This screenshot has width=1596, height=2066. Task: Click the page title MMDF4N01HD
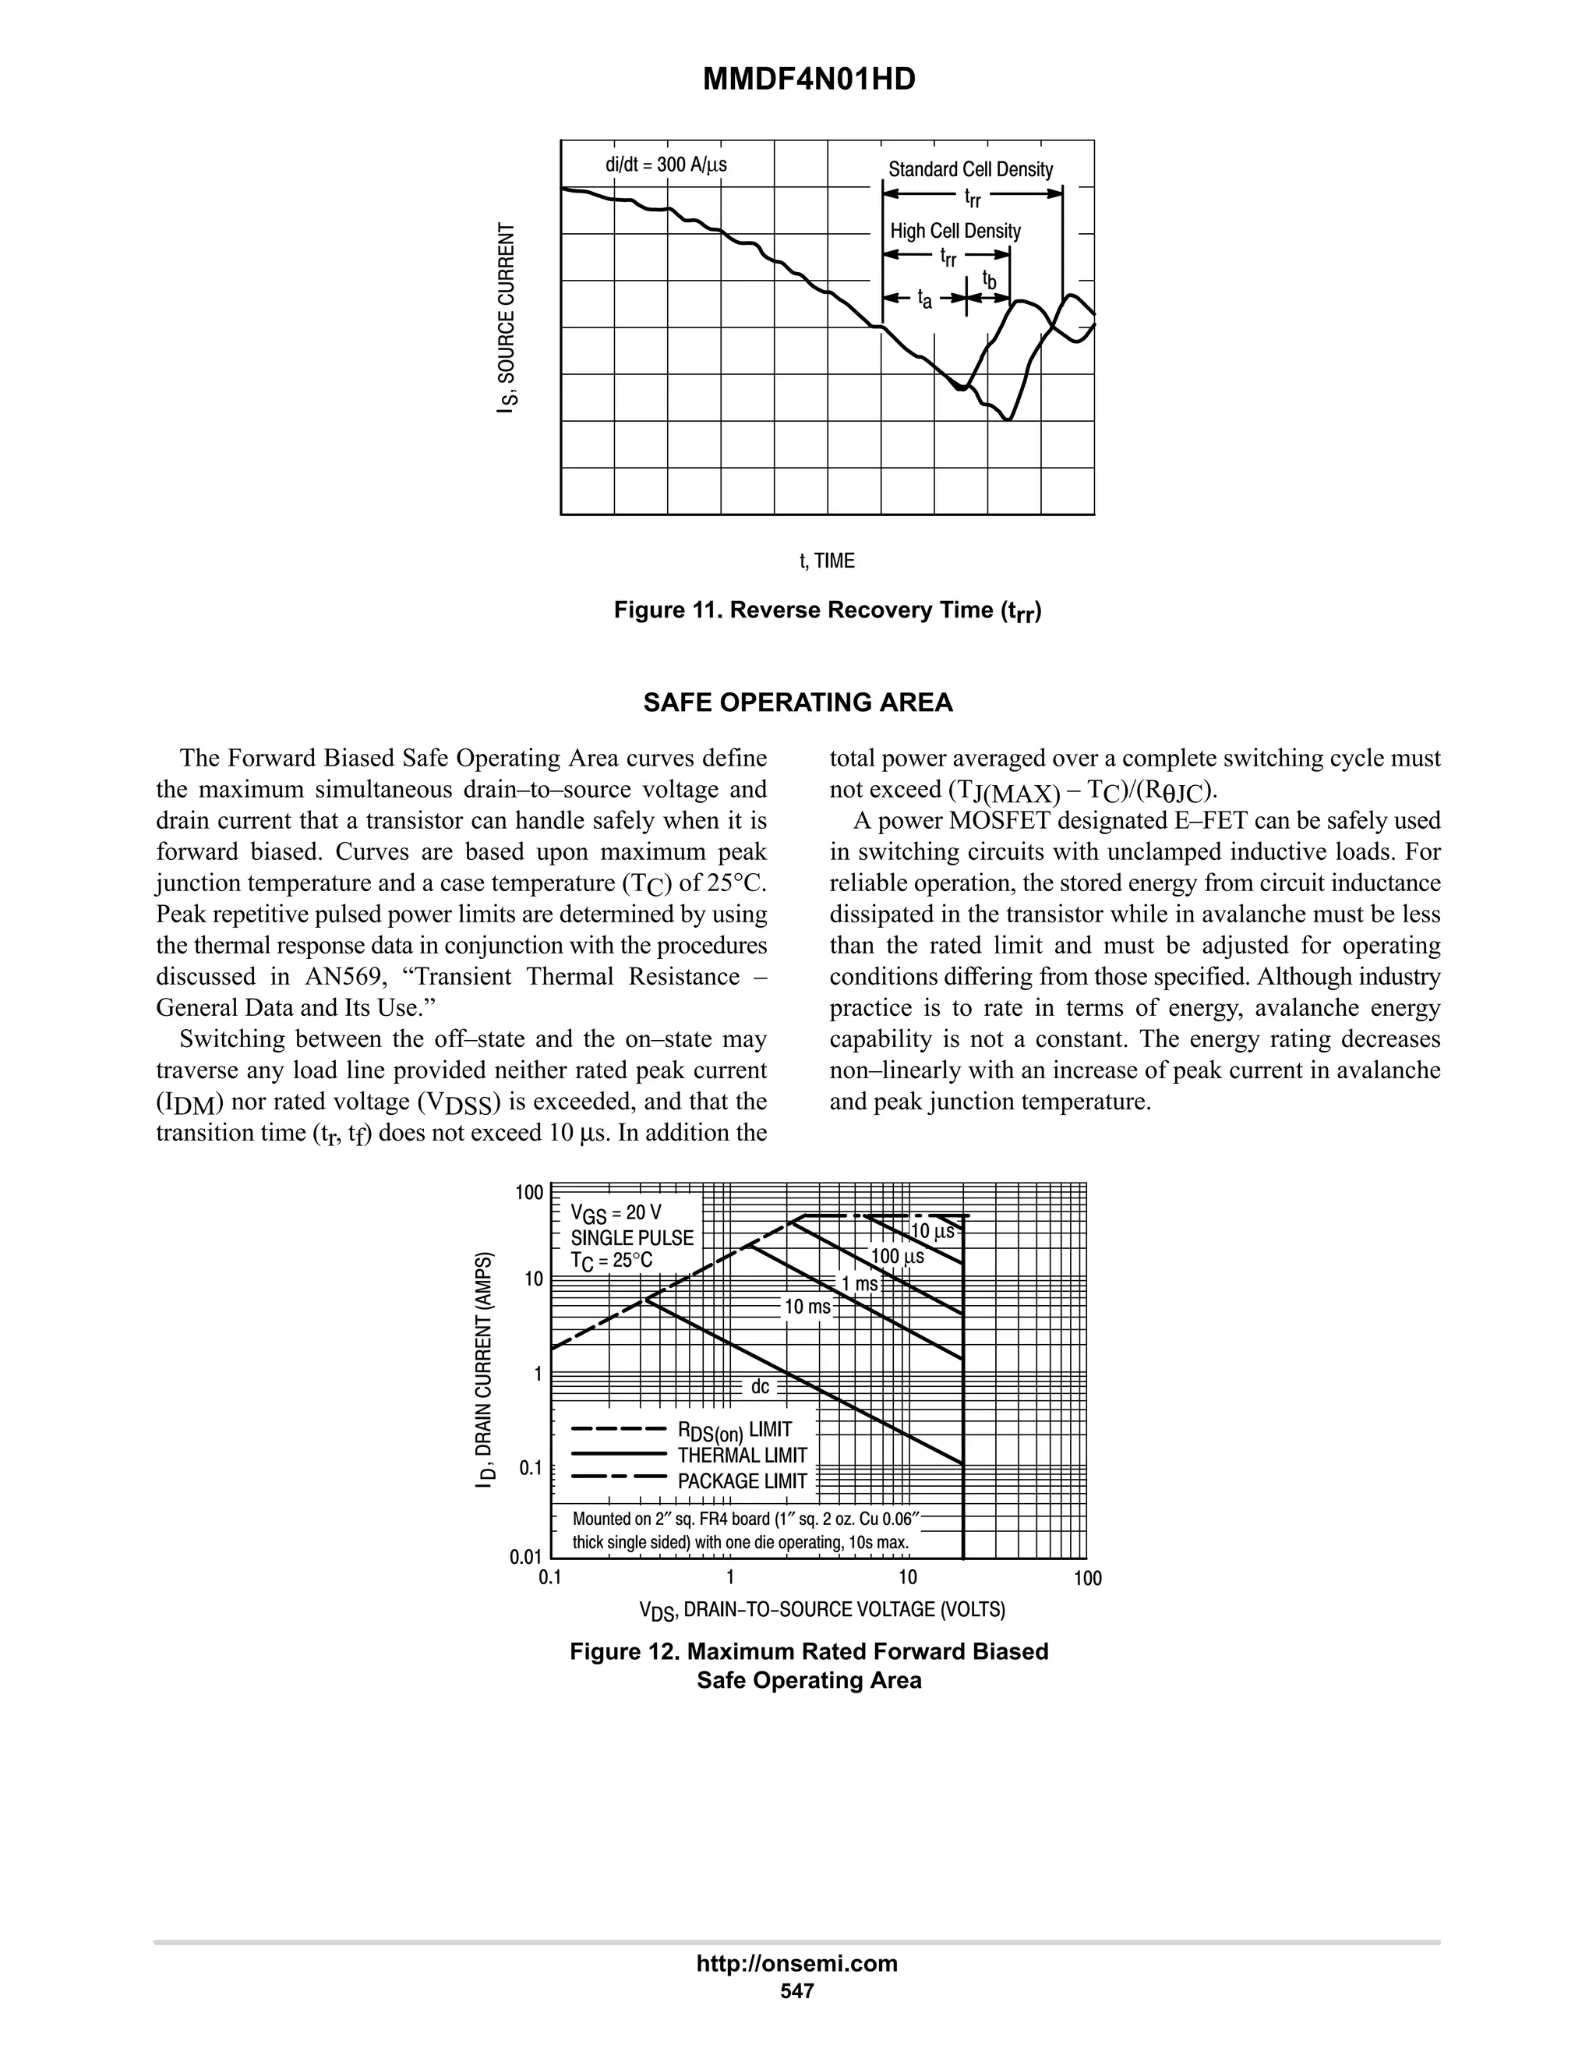tap(808, 80)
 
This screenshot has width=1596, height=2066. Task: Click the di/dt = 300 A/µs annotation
tap(666, 165)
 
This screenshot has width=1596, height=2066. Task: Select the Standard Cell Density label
tap(970, 169)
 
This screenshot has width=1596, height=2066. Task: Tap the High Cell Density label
tap(955, 231)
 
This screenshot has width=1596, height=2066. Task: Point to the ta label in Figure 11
tap(925, 300)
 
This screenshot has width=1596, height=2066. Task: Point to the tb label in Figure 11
tap(989, 280)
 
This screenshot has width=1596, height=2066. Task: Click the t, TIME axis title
tap(828, 561)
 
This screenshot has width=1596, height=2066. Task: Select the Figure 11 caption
tap(828, 610)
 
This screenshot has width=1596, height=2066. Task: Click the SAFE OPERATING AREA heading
tap(798, 703)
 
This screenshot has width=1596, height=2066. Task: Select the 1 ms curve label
tap(860, 1284)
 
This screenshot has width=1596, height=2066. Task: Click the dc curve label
tap(760, 1387)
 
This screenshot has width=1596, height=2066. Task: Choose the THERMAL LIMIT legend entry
tap(742, 1455)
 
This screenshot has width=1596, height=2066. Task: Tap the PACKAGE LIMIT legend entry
tap(742, 1481)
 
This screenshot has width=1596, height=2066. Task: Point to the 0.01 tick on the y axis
tap(526, 1556)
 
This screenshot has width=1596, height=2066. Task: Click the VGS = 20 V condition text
tap(616, 1213)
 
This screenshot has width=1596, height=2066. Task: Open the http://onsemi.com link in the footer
tap(796, 1963)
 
